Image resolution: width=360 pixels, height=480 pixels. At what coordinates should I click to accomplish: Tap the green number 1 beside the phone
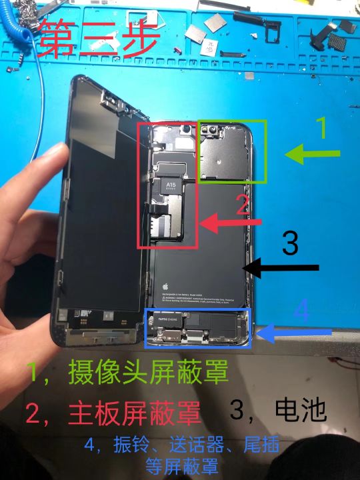pyautogui.click(x=321, y=127)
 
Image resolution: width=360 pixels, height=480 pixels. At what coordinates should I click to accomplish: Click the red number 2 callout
pyautogui.click(x=243, y=203)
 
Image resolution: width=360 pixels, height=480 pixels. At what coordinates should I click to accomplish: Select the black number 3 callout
pyautogui.click(x=290, y=243)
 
